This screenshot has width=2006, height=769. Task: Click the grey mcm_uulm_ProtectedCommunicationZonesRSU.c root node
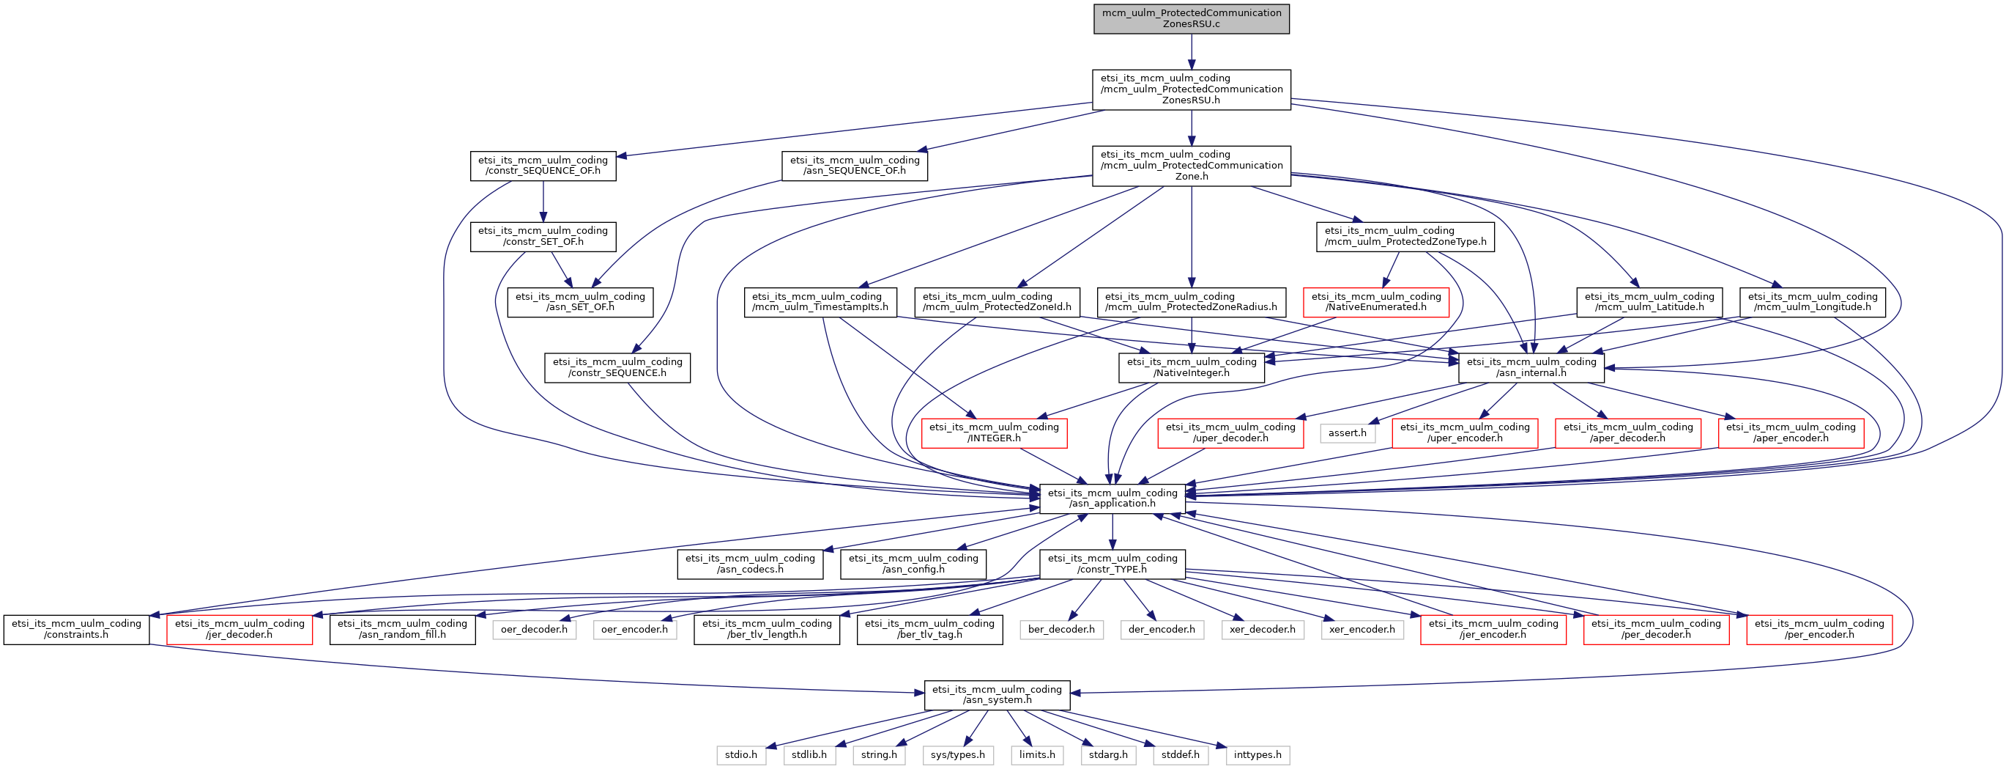tap(1191, 19)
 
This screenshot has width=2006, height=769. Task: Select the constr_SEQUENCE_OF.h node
tap(543, 166)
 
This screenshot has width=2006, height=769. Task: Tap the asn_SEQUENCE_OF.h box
tap(854, 166)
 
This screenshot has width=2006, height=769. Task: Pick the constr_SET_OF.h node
tap(543, 237)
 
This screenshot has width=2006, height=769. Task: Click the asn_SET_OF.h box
tap(580, 302)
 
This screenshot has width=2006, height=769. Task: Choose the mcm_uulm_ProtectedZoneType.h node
tap(1405, 237)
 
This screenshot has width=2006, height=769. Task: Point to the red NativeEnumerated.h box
tap(1376, 302)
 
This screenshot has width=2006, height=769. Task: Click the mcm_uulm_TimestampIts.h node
tap(820, 302)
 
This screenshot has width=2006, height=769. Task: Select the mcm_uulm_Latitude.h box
tap(1649, 302)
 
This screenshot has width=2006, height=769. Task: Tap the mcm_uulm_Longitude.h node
tap(1812, 302)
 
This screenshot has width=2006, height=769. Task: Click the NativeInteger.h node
tap(1192, 368)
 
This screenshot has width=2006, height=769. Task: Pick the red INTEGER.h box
tap(994, 433)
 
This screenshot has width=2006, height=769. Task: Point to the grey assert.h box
tap(1347, 433)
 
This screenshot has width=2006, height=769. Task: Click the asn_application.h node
tap(1112, 498)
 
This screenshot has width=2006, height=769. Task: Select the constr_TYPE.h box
tap(1112, 564)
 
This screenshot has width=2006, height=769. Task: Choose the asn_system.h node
tap(997, 695)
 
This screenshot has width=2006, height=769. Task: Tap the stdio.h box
tap(740, 755)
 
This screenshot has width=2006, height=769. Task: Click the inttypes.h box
tap(1257, 755)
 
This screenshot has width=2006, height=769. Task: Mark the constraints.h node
tap(76, 630)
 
